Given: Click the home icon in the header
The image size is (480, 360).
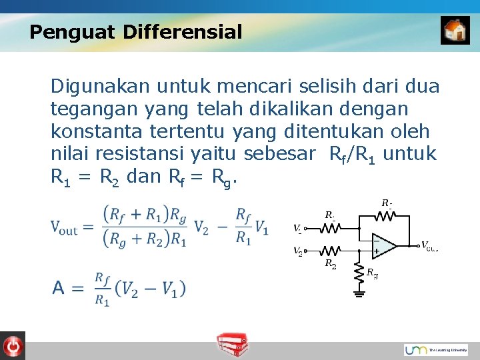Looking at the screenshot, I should pos(455,31).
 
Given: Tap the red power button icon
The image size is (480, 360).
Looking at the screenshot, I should pos(12,345).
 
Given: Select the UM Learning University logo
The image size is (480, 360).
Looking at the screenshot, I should pos(435,349).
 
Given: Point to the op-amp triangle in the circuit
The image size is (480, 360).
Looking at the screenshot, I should pos(384,245).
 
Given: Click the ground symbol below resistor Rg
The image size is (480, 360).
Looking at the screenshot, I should pos(359,291).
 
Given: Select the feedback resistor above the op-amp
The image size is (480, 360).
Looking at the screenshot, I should pos(386,215).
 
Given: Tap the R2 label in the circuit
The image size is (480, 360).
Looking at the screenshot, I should pos(329,264).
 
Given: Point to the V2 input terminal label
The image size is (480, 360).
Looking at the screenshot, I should pos(297,251).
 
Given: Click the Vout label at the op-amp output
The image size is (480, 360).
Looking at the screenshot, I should pos(429,246).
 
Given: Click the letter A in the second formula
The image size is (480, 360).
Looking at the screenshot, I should pos(59,288).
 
